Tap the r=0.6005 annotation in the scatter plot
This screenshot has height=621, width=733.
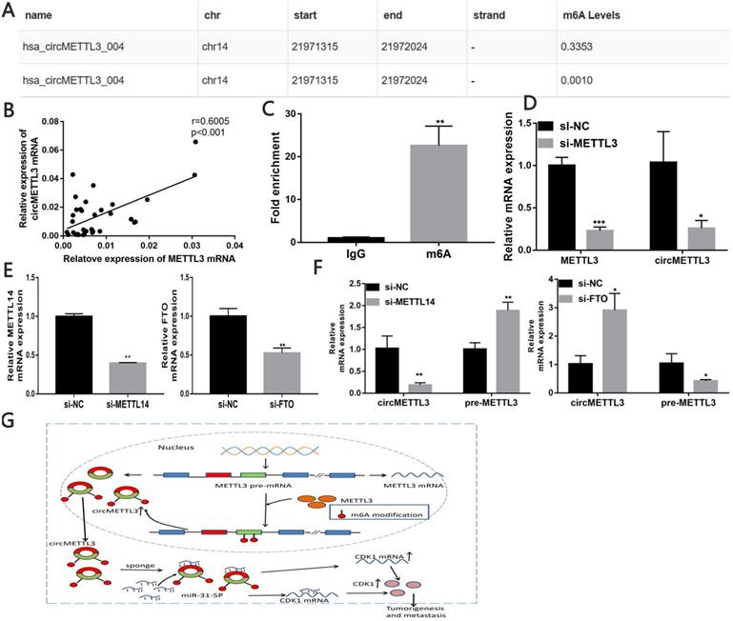click(212, 125)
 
